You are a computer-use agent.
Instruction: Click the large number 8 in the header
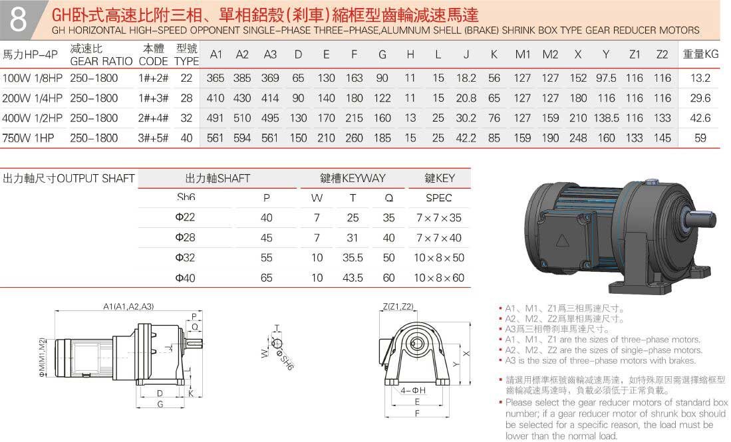(19, 21)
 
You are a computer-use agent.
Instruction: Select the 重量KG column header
(700, 55)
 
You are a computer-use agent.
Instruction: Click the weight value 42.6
(700, 118)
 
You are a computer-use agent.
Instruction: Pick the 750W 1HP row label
(27, 138)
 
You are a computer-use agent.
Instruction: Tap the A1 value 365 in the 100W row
(216, 78)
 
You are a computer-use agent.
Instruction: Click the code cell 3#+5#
(154, 138)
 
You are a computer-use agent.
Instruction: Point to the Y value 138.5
(606, 118)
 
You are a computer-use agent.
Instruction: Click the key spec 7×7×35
(438, 218)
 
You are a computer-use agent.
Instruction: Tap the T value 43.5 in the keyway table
(353, 278)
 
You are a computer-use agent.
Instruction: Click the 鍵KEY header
(440, 178)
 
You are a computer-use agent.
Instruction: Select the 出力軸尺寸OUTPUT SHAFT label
(69, 178)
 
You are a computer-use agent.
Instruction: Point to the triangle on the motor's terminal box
(563, 242)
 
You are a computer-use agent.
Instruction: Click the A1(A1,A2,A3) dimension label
(128, 306)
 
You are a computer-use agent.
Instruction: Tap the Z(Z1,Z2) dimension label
(398, 306)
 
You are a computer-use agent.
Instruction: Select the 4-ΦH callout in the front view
(414, 390)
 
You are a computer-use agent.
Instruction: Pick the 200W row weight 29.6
(700, 98)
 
